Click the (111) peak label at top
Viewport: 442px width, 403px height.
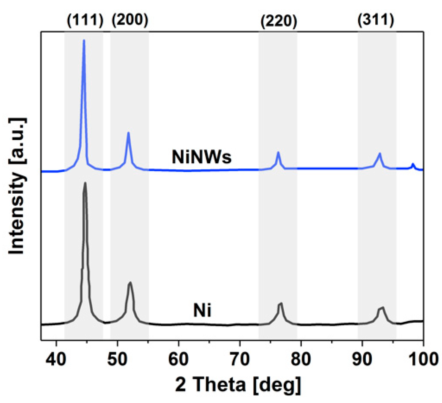tap(85, 20)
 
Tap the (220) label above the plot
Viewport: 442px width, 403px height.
tap(279, 21)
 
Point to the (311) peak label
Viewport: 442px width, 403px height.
tap(376, 20)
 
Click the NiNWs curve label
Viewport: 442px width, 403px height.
tap(201, 157)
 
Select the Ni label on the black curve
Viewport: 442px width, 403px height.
tap(202, 310)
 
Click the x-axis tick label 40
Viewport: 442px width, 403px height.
tap(56, 359)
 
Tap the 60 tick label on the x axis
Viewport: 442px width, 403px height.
tap(179, 359)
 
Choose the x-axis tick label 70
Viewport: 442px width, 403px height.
tap(240, 359)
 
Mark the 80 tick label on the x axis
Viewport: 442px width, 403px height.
tap(301, 359)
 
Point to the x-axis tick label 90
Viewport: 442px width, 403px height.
tap(362, 359)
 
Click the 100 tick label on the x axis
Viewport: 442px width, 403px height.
tap(423, 359)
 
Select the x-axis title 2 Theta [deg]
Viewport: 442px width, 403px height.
tap(238, 384)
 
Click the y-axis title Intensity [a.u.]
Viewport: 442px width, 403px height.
tap(17, 186)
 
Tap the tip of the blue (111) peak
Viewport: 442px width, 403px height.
tap(84, 40)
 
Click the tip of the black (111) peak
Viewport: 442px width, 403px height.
tap(85, 183)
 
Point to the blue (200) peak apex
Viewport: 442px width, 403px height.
tap(128, 133)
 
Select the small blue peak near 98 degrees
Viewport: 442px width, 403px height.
tap(413, 164)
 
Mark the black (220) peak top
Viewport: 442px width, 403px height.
tap(281, 303)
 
